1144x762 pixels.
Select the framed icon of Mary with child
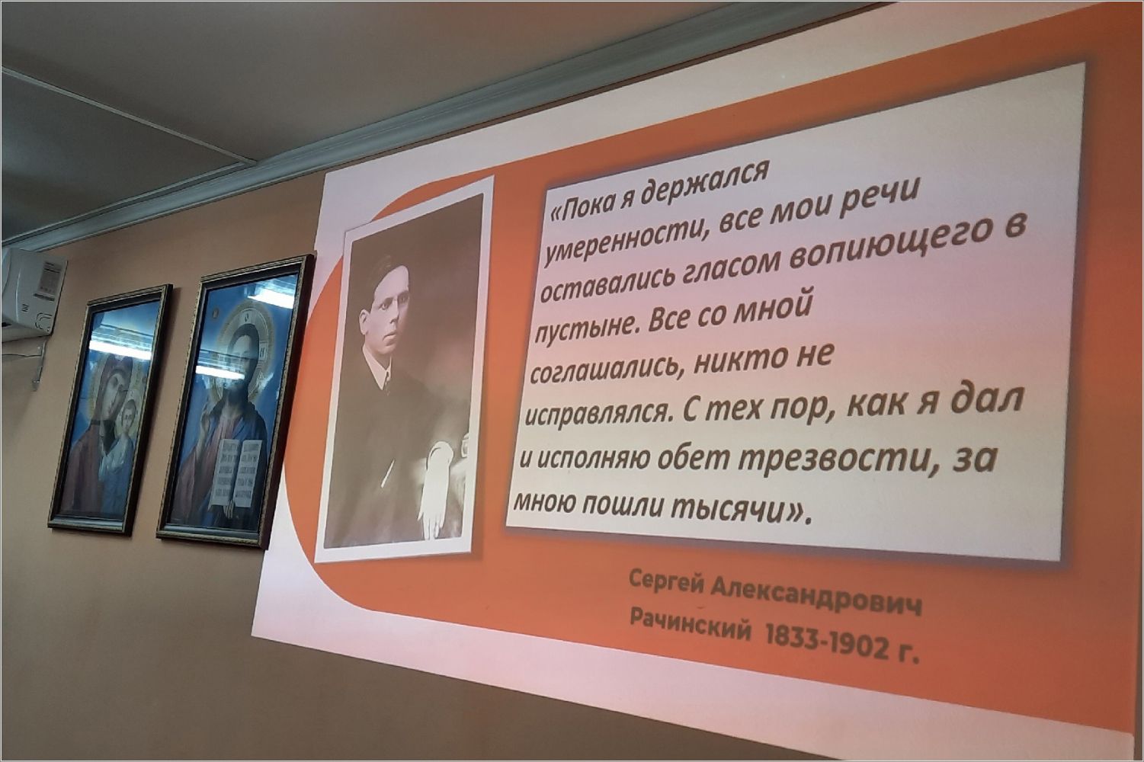pyautogui.click(x=109, y=408)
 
